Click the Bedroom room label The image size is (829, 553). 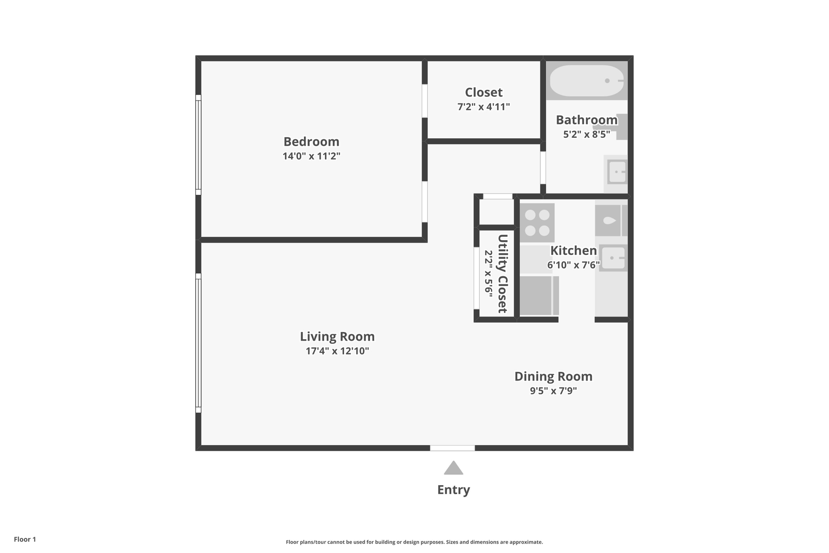pyautogui.click(x=311, y=142)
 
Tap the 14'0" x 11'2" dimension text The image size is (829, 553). pyautogui.click(x=311, y=156)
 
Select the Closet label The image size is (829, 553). pyautogui.click(x=484, y=92)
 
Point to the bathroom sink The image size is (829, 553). pyautogui.click(x=617, y=172)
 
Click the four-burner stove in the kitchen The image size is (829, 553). pyautogui.click(x=537, y=222)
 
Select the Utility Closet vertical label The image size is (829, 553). pyautogui.click(x=503, y=273)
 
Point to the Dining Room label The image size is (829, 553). pyautogui.click(x=553, y=376)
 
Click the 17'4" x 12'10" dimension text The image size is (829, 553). pyautogui.click(x=337, y=351)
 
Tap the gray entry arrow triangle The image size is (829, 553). pyautogui.click(x=453, y=469)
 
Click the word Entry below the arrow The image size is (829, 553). pyautogui.click(x=453, y=489)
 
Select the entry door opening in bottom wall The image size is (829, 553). pyautogui.click(x=452, y=448)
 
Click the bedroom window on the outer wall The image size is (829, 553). pyautogui.click(x=199, y=145)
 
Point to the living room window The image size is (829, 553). pyautogui.click(x=199, y=343)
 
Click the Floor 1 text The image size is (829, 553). pyautogui.click(x=25, y=539)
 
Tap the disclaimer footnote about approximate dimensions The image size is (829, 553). pyautogui.click(x=414, y=542)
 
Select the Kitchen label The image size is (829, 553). pyautogui.click(x=573, y=251)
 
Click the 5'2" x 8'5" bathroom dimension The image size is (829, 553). pyautogui.click(x=586, y=134)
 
